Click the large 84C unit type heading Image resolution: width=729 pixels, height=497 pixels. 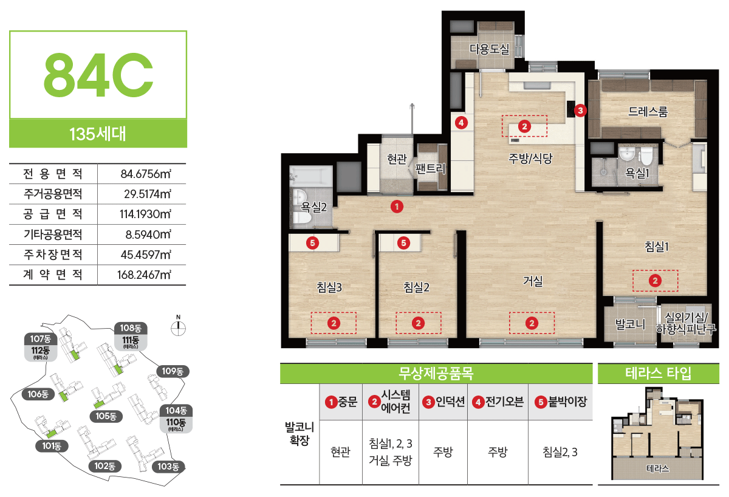[98, 75]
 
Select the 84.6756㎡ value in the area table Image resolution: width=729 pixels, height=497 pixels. [146, 174]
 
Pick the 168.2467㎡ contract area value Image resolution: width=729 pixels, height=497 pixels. [144, 275]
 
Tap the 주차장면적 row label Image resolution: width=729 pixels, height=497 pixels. [53, 254]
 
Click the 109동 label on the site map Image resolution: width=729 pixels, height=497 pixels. [173, 371]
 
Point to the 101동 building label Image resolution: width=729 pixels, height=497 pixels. [52, 445]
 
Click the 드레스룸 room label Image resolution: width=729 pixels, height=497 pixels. [648, 111]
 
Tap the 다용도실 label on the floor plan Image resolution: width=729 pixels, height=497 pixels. [489, 49]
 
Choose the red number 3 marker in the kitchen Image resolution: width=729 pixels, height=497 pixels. [580, 111]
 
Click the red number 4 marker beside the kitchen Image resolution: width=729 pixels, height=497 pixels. [461, 123]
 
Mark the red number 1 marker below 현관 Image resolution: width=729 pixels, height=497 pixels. [397, 207]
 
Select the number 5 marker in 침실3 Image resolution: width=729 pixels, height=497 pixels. [312, 243]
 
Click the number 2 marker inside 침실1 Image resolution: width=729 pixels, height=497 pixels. [655, 281]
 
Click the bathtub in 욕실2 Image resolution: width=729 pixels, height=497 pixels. [311, 176]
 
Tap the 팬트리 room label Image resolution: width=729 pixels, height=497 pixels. [430, 168]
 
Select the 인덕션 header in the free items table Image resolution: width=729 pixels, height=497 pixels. [444, 402]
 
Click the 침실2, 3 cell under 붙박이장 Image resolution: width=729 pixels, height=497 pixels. [560, 452]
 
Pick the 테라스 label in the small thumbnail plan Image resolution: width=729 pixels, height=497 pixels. [658, 468]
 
